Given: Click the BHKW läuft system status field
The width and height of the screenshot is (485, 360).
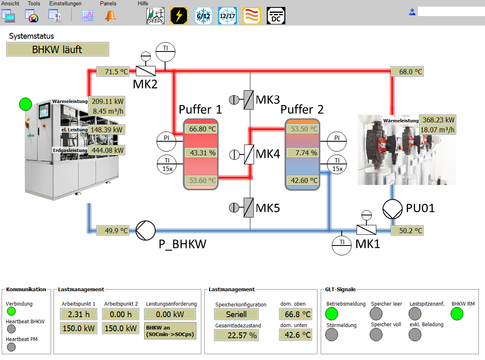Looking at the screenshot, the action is click(x=58, y=49).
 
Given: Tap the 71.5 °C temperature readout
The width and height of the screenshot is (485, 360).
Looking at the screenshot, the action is click(x=112, y=72).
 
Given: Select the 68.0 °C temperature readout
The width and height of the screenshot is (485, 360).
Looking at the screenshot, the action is click(x=407, y=72).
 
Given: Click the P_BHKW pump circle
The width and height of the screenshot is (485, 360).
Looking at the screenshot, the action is click(x=145, y=230).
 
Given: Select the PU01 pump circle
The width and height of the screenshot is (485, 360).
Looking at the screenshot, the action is click(x=392, y=209).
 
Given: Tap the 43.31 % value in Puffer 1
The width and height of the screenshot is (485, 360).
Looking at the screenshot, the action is click(x=201, y=152).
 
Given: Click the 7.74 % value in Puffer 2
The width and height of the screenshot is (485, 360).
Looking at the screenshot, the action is click(x=303, y=152).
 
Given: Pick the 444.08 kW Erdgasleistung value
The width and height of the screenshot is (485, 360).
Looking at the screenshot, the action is click(x=107, y=150).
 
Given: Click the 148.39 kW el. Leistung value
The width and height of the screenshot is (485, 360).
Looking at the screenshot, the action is click(x=107, y=130).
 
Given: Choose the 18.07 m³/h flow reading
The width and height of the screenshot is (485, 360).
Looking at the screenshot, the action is click(x=437, y=130).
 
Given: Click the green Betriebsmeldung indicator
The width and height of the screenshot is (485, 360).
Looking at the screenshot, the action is click(x=331, y=314).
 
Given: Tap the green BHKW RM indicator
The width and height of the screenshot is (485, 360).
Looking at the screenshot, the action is click(x=457, y=314).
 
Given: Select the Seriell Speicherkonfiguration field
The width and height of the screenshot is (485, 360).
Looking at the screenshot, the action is click(x=236, y=314).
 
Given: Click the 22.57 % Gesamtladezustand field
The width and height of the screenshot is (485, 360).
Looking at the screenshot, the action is click(x=236, y=335).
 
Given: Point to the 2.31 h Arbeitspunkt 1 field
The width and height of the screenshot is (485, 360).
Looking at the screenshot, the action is click(x=79, y=314).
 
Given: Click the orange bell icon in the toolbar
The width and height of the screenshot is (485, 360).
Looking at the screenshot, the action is click(x=110, y=16).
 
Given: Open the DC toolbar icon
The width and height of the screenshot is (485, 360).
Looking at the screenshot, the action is click(x=276, y=16).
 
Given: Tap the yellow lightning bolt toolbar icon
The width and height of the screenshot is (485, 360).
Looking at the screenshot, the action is click(x=179, y=16).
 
